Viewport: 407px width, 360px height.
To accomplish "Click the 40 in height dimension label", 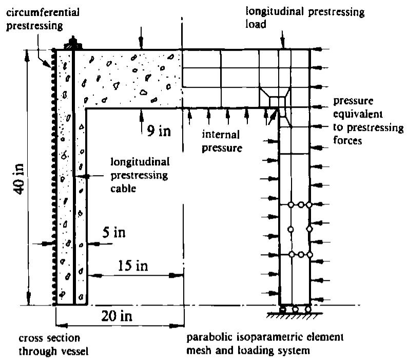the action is click(19, 179).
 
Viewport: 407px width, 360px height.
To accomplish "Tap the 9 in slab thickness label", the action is click(159, 130).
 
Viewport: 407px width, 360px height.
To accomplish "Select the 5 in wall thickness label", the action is click(114, 232).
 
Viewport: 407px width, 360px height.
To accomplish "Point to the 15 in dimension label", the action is click(133, 266).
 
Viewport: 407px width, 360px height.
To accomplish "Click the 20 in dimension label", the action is click(117, 316).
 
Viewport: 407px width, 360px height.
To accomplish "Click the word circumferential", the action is click(43, 12).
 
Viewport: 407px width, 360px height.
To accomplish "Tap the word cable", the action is click(123, 188).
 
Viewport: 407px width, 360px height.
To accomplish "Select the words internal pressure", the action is click(222, 141).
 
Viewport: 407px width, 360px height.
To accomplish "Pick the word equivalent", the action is click(358, 114).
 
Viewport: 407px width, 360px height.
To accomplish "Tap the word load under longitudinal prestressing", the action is click(256, 24).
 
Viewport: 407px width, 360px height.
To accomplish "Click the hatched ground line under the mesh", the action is click(295, 315).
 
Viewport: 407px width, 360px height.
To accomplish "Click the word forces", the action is click(347, 140).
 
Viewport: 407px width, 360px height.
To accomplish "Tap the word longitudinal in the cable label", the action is click(140, 162).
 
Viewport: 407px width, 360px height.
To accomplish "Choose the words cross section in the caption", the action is click(49, 338).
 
